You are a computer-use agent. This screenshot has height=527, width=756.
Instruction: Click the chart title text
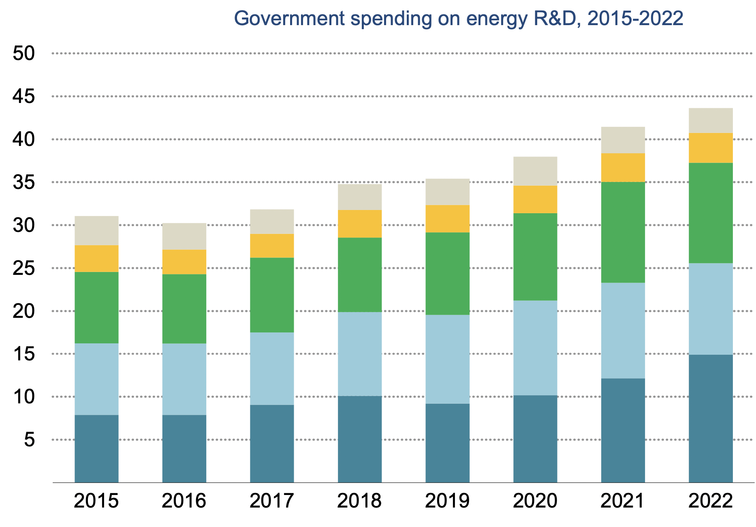pyautogui.click(x=459, y=19)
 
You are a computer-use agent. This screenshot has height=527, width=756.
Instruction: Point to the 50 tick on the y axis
pyautogui.click(x=24, y=54)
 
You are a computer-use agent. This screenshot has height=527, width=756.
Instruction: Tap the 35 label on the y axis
pyautogui.click(x=24, y=182)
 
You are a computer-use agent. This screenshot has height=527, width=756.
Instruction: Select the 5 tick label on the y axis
pyautogui.click(x=30, y=440)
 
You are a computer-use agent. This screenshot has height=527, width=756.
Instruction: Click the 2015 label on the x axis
pyautogui.click(x=96, y=501)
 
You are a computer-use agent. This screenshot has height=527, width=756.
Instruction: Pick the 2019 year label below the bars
pyautogui.click(x=447, y=501)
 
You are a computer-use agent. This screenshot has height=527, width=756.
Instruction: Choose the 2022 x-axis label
pyautogui.click(x=711, y=501)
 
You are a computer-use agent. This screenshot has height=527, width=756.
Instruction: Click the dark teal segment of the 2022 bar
pyautogui.click(x=711, y=418)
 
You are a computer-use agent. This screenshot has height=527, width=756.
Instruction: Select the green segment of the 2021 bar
pyautogui.click(x=623, y=232)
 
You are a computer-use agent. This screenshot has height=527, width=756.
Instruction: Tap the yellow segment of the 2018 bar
pyautogui.click(x=360, y=224)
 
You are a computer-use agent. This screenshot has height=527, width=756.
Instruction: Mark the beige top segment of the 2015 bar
pyautogui.click(x=96, y=231)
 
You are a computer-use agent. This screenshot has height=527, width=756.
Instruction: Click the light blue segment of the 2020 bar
pyautogui.click(x=535, y=348)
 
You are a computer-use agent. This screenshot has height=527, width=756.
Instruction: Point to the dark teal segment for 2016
pyautogui.click(x=184, y=449)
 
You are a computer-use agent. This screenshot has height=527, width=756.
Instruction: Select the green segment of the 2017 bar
pyautogui.click(x=272, y=295)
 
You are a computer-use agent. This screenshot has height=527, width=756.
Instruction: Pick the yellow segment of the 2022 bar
pyautogui.click(x=711, y=148)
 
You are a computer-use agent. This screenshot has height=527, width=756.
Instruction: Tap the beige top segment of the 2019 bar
pyautogui.click(x=447, y=192)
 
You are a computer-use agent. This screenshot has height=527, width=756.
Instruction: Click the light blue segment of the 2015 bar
pyautogui.click(x=96, y=379)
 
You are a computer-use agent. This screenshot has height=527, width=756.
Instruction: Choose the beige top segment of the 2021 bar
pyautogui.click(x=623, y=140)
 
